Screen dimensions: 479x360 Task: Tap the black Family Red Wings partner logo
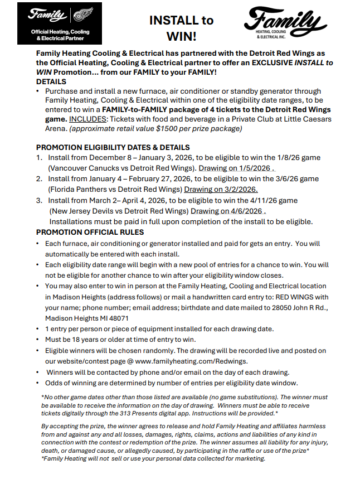[x=59, y=23]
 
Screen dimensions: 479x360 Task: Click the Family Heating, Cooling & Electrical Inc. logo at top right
[x=285, y=23]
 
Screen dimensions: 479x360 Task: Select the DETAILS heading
[x=51, y=81]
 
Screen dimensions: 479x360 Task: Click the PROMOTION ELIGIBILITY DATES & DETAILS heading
[x=113, y=148]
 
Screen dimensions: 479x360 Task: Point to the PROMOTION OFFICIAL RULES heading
[x=90, y=233]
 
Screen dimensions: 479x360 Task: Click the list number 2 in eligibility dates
[x=39, y=179]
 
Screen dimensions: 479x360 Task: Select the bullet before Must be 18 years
[x=37, y=340]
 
